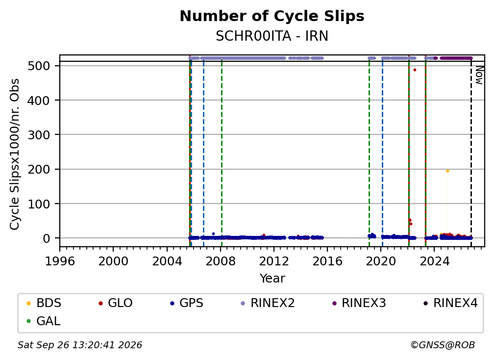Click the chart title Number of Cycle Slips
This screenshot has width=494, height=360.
coord(272,16)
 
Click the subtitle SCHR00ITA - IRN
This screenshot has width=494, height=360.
coord(272,36)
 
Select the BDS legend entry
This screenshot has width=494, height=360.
coord(44,303)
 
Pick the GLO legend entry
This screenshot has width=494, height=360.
coord(115,303)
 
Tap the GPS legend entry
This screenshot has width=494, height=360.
coord(187,303)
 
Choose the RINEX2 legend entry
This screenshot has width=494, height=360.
coord(268,303)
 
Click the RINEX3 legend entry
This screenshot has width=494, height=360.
coord(359,303)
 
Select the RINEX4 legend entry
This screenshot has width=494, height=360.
coord(450,303)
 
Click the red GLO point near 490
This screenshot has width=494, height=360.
coord(415,70)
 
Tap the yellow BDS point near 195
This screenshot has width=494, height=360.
coord(447,171)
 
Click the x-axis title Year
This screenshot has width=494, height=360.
coord(272,279)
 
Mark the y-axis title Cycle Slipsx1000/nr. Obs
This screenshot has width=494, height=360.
coord(15,154)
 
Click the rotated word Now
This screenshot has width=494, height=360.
coord(479,75)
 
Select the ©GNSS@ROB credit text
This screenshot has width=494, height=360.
coord(443,345)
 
